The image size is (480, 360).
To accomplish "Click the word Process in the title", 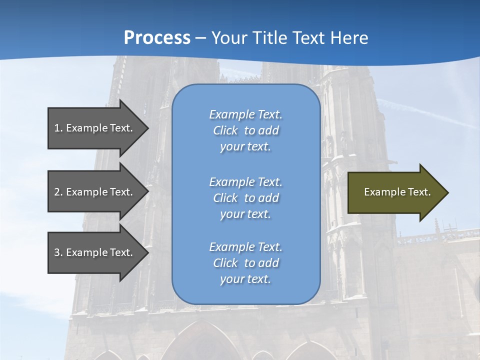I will (157, 38).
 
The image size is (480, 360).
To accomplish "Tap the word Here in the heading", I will (349, 38).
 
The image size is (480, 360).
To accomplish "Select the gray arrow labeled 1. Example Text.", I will (95, 128).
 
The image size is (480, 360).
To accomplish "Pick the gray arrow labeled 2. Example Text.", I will (95, 192).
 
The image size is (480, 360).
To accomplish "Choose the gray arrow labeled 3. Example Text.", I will (95, 252).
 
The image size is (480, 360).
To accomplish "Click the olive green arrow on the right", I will (395, 192).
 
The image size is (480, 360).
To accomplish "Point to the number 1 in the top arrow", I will (57, 128).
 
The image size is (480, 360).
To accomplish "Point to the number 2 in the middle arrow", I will (57, 192).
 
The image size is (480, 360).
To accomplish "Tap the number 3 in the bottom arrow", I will (57, 252).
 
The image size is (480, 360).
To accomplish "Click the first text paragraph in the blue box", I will (245, 130).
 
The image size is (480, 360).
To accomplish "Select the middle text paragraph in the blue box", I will (245, 198).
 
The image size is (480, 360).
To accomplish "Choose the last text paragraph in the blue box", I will (245, 263).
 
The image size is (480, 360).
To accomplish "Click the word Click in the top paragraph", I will (225, 130).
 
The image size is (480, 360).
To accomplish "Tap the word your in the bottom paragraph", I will (231, 279).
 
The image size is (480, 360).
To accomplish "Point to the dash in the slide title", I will (201, 38).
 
